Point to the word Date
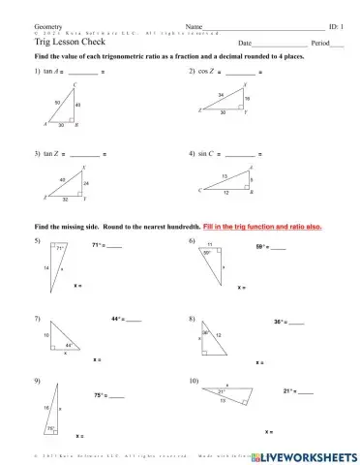pos(244,45)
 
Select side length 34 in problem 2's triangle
pos(222,95)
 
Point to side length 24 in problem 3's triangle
pos(84,184)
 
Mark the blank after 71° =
pos(114,247)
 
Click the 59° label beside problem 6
pos(261,248)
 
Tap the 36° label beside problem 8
pos(279,322)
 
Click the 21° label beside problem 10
pos(288,391)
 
